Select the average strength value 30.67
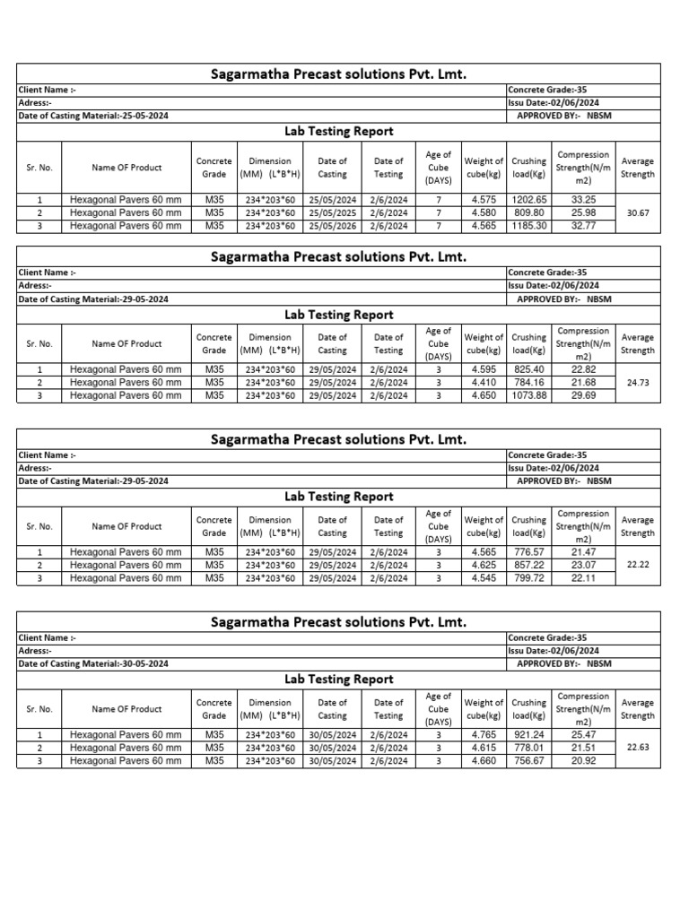tap(638, 212)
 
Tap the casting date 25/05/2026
tap(332, 226)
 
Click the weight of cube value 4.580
tap(484, 212)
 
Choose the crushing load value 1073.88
tap(528, 395)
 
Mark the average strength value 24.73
tap(638, 382)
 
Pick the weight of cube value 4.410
tap(484, 382)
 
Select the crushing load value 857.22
tap(528, 565)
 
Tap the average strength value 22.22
tap(638, 565)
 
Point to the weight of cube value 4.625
tap(484, 565)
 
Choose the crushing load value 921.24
tap(528, 734)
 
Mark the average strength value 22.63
tap(638, 747)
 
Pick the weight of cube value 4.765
tap(484, 734)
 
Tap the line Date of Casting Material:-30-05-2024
tap(93, 664)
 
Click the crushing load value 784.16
tap(528, 382)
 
